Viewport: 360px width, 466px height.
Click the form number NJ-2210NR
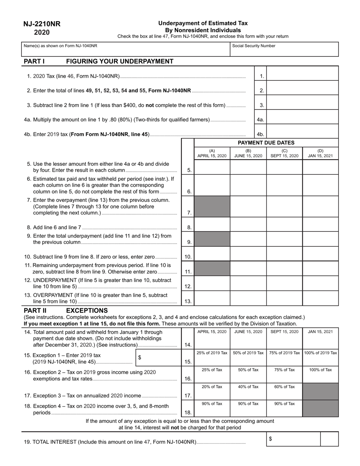42,24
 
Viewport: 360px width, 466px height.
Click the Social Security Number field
284,49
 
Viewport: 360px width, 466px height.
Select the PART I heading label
34,61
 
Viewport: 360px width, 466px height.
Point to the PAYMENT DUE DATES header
266,143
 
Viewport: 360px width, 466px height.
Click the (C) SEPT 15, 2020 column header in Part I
284,153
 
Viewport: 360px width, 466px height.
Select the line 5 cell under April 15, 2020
212,167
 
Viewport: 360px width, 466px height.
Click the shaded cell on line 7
212,206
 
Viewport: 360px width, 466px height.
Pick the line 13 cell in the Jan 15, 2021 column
320,298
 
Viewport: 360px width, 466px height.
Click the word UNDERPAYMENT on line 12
53,280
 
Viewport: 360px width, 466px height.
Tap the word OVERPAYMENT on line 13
52,295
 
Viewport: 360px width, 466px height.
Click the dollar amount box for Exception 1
158,357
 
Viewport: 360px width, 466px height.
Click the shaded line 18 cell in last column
320,408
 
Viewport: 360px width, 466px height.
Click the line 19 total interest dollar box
293,439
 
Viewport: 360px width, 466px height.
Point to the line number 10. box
188,257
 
